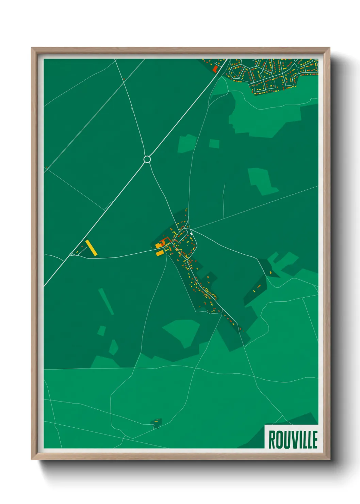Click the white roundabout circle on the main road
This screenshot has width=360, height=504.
147,159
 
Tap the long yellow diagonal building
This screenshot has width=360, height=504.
91,248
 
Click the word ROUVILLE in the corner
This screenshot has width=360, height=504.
293,439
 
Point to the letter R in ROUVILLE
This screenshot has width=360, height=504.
272,440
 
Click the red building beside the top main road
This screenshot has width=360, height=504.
215,69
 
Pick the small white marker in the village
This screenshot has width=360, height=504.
192,234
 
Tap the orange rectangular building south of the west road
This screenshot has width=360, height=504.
160,253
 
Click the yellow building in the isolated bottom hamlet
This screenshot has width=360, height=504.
156,421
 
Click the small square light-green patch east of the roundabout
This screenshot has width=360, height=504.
214,144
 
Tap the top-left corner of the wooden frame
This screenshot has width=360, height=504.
32,48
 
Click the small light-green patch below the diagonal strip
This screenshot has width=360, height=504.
101,330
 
